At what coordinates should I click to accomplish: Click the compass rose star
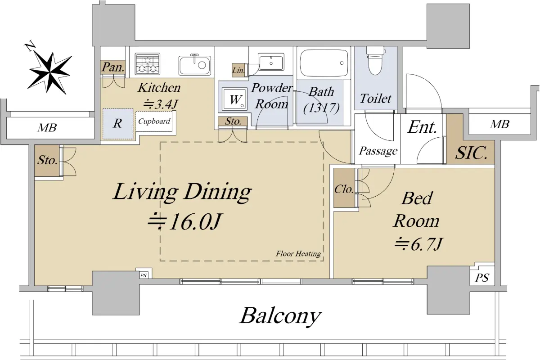[x=49, y=72]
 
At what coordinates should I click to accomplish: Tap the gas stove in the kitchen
[x=148, y=64]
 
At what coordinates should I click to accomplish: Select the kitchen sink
[x=195, y=65]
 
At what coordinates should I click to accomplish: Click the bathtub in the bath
[x=324, y=63]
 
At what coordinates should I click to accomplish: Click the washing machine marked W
[x=235, y=99]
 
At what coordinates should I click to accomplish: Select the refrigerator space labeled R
[x=118, y=124]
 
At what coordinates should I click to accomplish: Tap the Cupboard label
[x=154, y=121]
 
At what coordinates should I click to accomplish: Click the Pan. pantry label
[x=113, y=67]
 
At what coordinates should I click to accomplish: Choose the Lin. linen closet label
[x=238, y=70]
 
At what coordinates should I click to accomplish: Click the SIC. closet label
[x=471, y=153]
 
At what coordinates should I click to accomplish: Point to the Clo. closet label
[x=344, y=189]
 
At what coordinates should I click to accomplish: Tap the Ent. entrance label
[x=422, y=127]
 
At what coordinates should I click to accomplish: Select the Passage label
[x=378, y=151]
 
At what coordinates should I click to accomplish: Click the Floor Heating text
[x=298, y=254]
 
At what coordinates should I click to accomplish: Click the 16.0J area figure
[x=184, y=221]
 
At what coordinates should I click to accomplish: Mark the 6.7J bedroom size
[x=419, y=244]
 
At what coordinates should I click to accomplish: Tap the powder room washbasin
[x=271, y=62]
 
